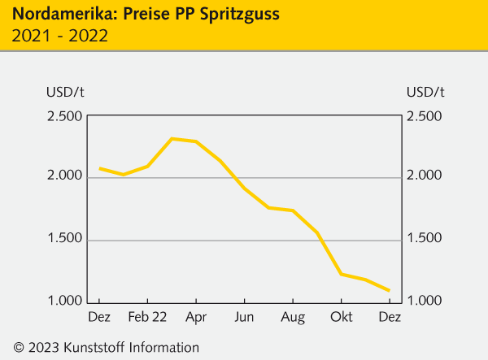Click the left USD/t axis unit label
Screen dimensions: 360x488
coord(64,91)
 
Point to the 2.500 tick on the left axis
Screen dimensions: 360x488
coord(64,116)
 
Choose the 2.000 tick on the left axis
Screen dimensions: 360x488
coord(64,177)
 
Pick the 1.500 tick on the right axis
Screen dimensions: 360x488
coord(424,239)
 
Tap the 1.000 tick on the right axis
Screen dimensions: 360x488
coord(424,301)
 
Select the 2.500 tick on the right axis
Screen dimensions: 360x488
coord(424,116)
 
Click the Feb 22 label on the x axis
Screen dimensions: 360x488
coord(147,317)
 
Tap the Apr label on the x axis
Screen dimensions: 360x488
coord(195,317)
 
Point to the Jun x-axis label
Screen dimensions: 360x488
coord(244,317)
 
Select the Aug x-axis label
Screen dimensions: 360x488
coord(293,317)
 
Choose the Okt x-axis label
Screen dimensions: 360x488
coord(341,317)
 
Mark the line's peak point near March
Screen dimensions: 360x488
coord(172,139)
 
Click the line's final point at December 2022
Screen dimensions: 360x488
coord(390,290)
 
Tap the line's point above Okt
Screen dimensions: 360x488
coord(342,274)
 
